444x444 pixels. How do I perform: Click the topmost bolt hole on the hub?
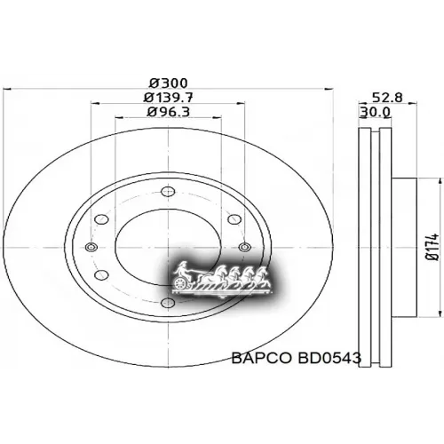click(166, 189)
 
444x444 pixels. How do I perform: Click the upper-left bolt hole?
click(99, 216)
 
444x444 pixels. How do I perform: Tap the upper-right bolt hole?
click(233, 216)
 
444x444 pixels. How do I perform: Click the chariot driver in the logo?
click(183, 269)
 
